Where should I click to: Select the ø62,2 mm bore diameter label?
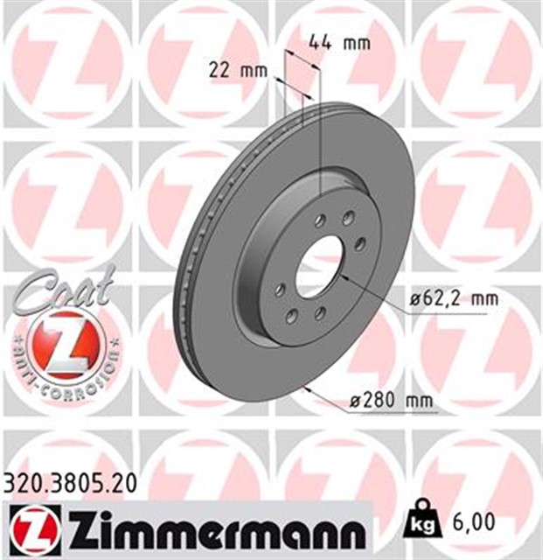click(454, 299)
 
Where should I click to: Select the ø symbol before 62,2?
click(414, 299)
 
